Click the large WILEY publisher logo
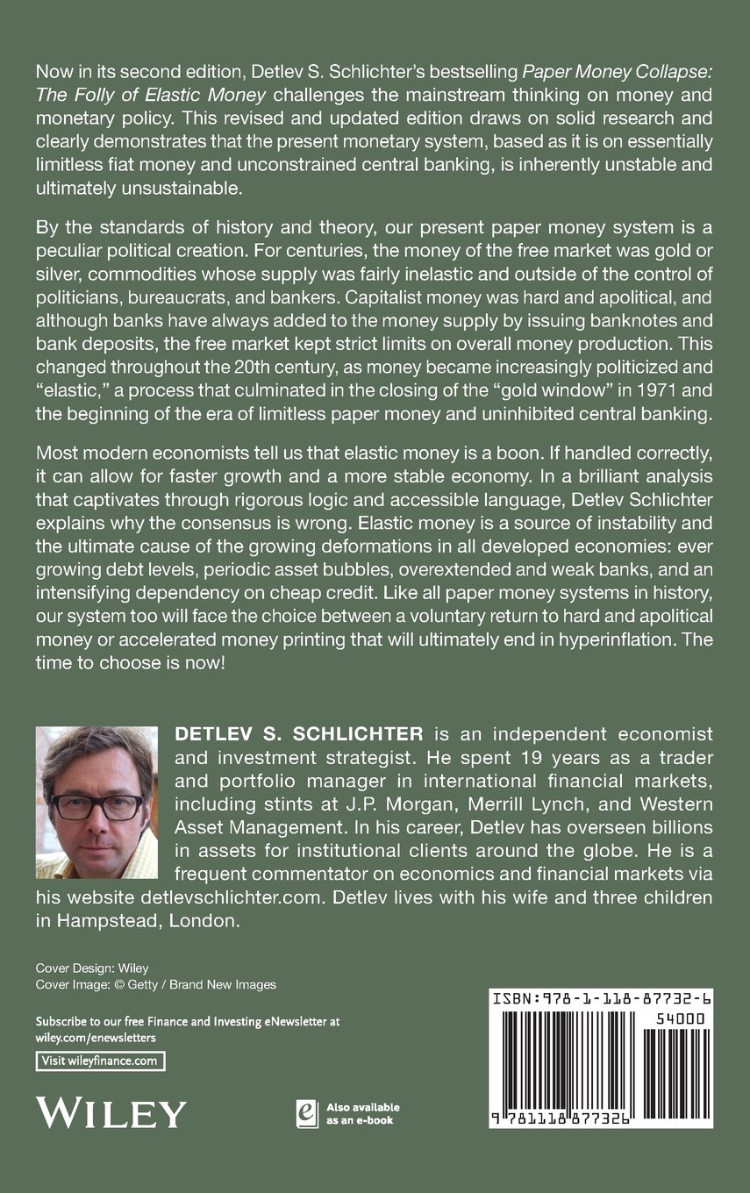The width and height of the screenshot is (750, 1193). point(111,1112)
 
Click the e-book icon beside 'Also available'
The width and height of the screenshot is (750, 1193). point(307,1112)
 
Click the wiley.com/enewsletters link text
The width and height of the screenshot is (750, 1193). point(96,1037)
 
